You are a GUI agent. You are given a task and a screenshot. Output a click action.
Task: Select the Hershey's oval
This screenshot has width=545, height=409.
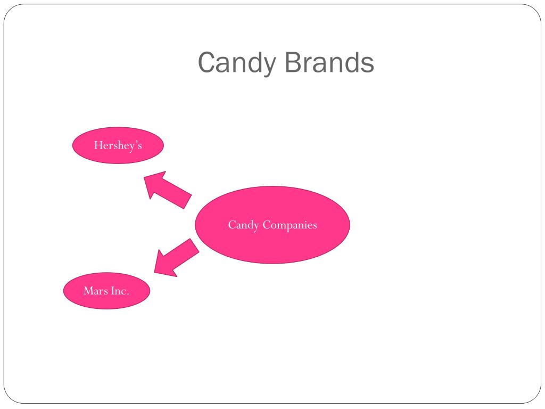click(118, 145)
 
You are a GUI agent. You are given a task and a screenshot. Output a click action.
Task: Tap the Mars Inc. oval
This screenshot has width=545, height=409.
click(106, 291)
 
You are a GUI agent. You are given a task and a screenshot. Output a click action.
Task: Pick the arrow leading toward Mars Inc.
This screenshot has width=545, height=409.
click(176, 258)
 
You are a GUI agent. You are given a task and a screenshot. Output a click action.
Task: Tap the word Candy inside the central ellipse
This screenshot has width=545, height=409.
click(243, 225)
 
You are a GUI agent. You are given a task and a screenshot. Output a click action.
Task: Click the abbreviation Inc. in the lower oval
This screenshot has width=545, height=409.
click(120, 291)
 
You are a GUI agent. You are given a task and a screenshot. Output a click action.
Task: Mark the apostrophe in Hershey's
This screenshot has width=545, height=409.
click(136, 143)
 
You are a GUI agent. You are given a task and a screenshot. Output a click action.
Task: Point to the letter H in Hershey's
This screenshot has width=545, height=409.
click(98, 145)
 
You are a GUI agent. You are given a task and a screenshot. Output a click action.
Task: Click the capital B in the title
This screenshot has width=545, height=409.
click(291, 62)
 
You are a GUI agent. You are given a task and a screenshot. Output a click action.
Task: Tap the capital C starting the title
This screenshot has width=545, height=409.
click(206, 62)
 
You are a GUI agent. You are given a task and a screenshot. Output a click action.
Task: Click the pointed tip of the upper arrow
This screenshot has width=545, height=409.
click(145, 177)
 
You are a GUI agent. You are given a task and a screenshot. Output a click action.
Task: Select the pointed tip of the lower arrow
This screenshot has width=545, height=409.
click(155, 273)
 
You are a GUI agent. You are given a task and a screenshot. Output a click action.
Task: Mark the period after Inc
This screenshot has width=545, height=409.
click(128, 294)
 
